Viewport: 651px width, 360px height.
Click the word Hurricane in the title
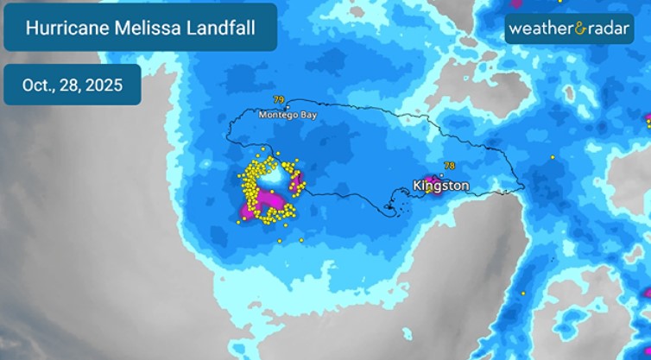click(64, 28)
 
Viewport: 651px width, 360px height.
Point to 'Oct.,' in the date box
click(40, 85)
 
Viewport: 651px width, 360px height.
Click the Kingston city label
click(441, 186)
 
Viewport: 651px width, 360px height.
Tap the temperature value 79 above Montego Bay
click(278, 100)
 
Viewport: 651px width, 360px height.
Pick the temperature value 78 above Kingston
click(449, 166)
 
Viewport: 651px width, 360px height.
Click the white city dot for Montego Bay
click(288, 107)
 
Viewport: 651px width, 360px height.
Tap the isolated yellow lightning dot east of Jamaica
click(553, 157)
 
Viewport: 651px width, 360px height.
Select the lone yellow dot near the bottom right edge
click(524, 294)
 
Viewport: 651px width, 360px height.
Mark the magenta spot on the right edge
click(648, 119)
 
